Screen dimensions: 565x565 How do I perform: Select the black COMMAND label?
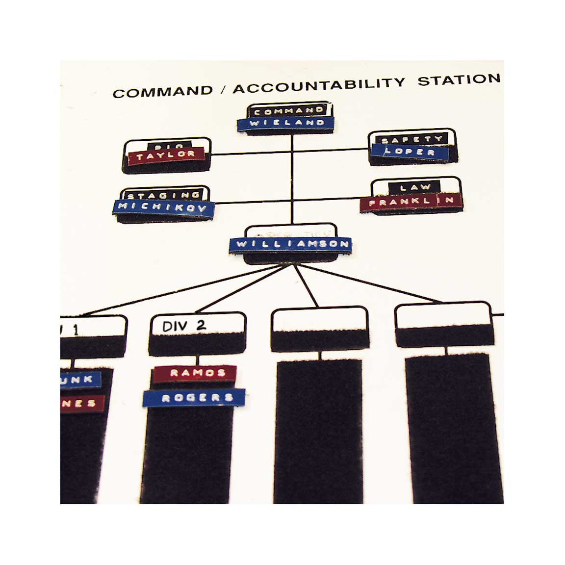289,111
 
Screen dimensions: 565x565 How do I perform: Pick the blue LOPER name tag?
410,152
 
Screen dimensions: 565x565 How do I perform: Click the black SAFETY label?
412,140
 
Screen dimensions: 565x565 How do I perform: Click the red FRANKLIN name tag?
411,201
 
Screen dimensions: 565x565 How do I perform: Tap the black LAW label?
415,187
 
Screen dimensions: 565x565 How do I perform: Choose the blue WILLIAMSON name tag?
290,244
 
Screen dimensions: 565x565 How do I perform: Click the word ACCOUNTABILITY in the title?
319,85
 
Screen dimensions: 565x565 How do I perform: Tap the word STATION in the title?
459,79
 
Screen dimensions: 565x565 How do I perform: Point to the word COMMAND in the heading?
162,92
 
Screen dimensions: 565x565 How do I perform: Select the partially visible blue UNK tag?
80,380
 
